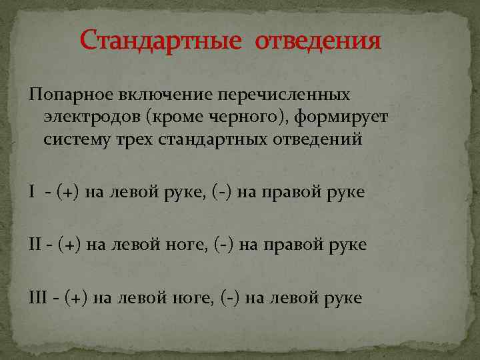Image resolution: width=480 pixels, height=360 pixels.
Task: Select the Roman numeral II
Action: (35, 245)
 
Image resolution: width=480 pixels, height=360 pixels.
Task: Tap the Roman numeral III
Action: (39, 297)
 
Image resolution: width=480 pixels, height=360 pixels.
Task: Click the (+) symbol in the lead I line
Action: (67, 193)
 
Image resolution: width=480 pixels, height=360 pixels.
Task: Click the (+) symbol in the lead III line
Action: (78, 297)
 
